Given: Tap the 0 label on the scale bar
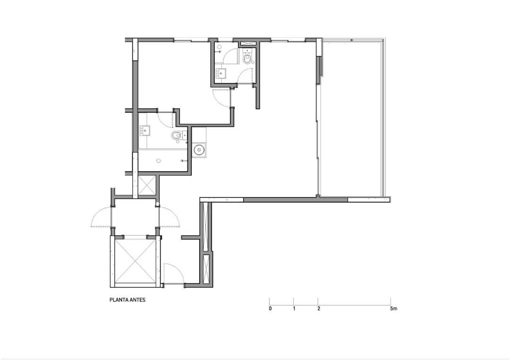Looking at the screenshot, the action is coord(270,309).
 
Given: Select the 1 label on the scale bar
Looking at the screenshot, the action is coord(294,309).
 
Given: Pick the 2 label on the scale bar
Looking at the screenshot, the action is coord(318,309).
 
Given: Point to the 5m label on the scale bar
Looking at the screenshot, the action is coord(393,309).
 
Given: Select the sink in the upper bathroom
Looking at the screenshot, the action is coord(222,73).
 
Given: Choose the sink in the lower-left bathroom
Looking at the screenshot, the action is coord(145,131).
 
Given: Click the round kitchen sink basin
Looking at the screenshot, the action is coord(198,150).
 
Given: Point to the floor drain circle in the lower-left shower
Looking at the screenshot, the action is coord(158,160).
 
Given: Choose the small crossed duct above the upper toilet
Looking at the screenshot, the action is coord(247,44).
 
